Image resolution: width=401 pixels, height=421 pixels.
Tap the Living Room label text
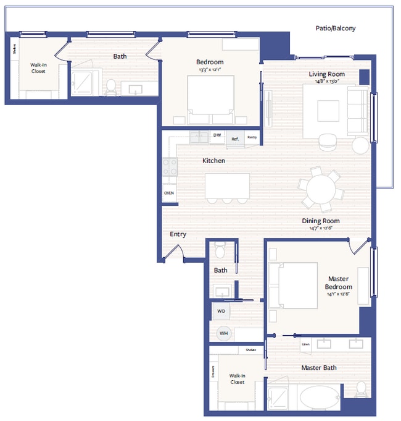pyautogui.click(x=326, y=74)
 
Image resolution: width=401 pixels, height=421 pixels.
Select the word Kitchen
pyautogui.click(x=213, y=161)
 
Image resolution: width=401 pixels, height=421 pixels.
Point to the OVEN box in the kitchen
pyautogui.click(x=169, y=193)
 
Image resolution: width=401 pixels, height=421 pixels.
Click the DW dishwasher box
pyautogui.click(x=217, y=135)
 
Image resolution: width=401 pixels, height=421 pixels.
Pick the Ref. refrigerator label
pyautogui.click(x=235, y=139)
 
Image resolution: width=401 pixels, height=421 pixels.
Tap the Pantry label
pyautogui.click(x=252, y=137)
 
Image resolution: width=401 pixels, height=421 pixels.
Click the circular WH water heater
pyautogui.click(x=223, y=333)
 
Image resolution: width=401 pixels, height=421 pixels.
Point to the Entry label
pyautogui.click(x=178, y=234)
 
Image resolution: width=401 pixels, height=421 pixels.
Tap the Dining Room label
pyautogui.click(x=320, y=221)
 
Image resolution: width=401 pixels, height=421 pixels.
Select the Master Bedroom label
pyautogui.click(x=339, y=283)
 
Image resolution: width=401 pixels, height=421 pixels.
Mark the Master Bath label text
pyautogui.click(x=318, y=368)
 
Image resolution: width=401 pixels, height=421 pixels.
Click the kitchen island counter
pyautogui.click(x=227, y=185)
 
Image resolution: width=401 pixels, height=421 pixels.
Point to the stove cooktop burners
pyautogui.click(x=170, y=167)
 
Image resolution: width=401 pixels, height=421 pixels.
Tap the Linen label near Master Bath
pyautogui.click(x=305, y=344)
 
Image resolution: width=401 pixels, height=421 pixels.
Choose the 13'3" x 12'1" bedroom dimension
pyautogui.click(x=210, y=69)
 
